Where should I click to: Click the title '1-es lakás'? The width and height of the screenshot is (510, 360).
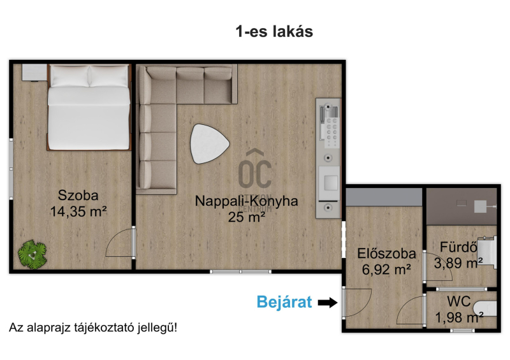(274, 32)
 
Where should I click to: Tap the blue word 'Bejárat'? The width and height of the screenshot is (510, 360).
(284, 302)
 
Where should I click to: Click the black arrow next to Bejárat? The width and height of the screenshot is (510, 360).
(328, 303)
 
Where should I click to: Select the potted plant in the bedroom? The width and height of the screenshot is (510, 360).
(33, 255)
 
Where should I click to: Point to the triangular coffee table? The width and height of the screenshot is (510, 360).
(210, 144)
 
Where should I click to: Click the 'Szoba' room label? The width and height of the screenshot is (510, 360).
(78, 196)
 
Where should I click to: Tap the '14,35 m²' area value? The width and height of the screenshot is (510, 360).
(78, 212)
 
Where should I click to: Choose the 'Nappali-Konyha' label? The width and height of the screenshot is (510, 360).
(246, 201)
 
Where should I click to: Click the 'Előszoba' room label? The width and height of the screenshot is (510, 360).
(386, 254)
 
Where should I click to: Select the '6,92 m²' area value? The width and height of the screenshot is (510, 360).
(386, 270)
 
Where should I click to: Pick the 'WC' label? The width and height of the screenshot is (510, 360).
(458, 302)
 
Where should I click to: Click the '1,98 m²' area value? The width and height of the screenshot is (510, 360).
(459, 317)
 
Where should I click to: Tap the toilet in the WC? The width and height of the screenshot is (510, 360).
(485, 308)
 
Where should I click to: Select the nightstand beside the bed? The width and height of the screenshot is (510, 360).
(34, 72)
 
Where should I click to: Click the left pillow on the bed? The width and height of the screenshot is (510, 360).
(69, 76)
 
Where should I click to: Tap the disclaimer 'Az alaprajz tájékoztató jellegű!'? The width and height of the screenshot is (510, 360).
(93, 328)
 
